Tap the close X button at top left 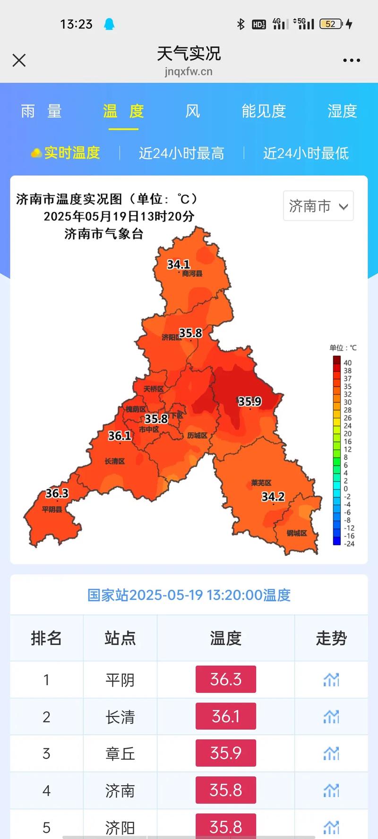coord(19,60)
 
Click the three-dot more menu coord(352,60)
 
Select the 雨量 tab coord(42,111)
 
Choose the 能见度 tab coord(264,111)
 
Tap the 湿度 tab coord(342,111)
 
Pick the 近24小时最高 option coord(181,153)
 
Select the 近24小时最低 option coord(306,153)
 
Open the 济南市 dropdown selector coord(318,206)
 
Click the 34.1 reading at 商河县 coord(179,264)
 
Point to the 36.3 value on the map coord(57,493)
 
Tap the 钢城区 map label coord(297,533)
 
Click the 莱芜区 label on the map coord(261,483)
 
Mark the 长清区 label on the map coord(115,461)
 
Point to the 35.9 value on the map coord(249,402)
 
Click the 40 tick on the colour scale coord(348,363)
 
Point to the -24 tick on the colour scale coord(349,544)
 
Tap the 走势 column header coord(331,638)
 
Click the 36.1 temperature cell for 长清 coord(226,716)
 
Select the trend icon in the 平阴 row coord(331,680)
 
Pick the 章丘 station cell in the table coord(120,754)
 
